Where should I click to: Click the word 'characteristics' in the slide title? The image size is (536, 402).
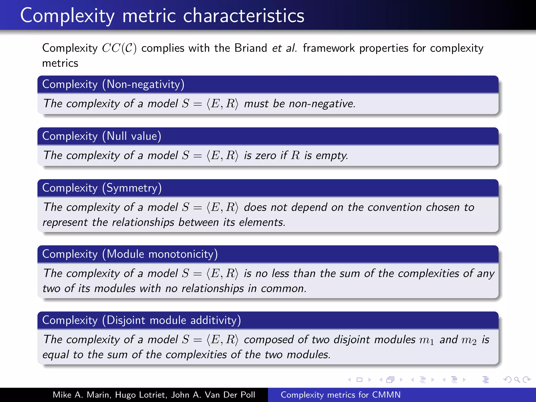click(x=243, y=16)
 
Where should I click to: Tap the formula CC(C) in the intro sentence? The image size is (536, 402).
click(x=119, y=48)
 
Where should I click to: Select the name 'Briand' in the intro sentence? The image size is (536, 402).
click(x=250, y=48)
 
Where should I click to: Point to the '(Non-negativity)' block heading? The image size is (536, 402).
click(x=143, y=84)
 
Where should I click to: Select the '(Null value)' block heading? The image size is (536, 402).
click(x=132, y=136)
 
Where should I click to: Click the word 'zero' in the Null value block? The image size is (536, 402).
click(x=266, y=155)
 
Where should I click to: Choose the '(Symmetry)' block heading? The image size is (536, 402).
click(x=132, y=188)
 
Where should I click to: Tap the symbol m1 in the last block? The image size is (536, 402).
click(x=426, y=340)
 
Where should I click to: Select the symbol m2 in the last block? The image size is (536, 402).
click(x=469, y=340)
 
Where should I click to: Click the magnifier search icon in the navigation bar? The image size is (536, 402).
click(x=517, y=379)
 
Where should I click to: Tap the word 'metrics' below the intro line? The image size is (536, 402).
click(x=60, y=63)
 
